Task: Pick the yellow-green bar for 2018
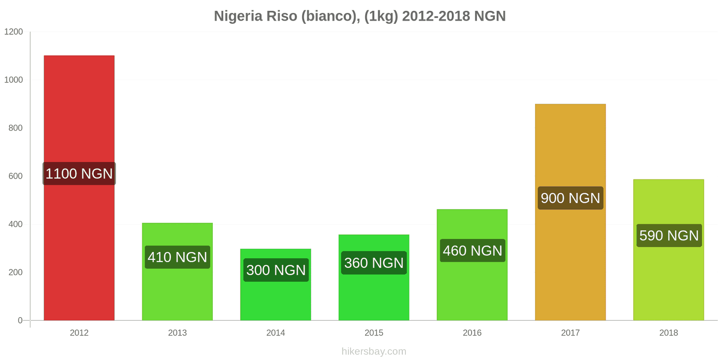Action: pyautogui.click(x=668, y=279)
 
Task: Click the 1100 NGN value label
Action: pyautogui.click(x=79, y=174)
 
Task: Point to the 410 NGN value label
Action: pyautogui.click(x=177, y=257)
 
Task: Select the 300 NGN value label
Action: pyautogui.click(x=276, y=270)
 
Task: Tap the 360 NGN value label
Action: pyautogui.click(x=374, y=263)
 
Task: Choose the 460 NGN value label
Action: pyautogui.click(x=472, y=251)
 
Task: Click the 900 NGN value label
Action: pyautogui.click(x=570, y=198)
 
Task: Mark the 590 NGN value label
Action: pyautogui.click(x=669, y=235)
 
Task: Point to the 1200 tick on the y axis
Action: pyautogui.click(x=13, y=32)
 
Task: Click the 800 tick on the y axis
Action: pyautogui.click(x=15, y=128)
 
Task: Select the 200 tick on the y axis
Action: pyautogui.click(x=15, y=272)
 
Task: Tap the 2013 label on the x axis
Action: pyautogui.click(x=177, y=333)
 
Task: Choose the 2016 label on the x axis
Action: pyautogui.click(x=472, y=333)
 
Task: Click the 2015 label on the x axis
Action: pyautogui.click(x=374, y=333)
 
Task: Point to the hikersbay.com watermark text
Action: pyautogui.click(x=373, y=351)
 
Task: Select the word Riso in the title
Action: pyautogui.click(x=282, y=16)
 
